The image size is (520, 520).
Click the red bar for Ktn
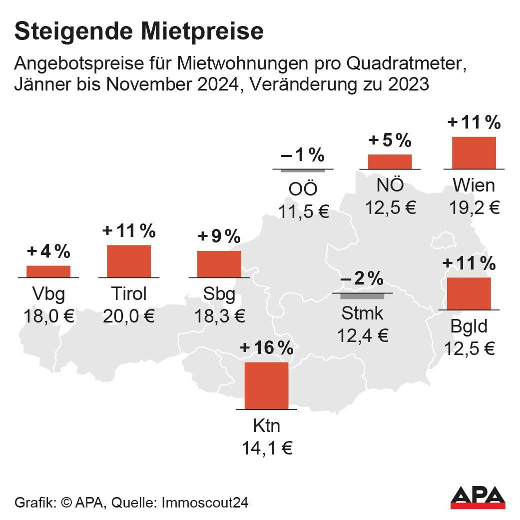pos(266,385)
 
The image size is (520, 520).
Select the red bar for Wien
pos(474,152)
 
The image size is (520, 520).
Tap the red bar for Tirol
pos(128,261)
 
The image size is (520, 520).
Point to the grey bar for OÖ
pos(303,171)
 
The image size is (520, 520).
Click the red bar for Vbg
pos(48,271)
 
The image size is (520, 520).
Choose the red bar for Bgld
pos(469,293)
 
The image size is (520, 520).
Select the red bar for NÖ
pos(390,161)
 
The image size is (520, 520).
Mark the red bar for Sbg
pos(219,264)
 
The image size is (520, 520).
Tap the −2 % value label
pos(362,279)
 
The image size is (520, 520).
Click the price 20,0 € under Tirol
pos(129,316)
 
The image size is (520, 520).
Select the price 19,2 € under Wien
pos(474,207)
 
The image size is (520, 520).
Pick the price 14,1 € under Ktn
pos(267,448)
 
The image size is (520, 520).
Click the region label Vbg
pos(48,294)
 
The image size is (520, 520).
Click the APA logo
pos(478,496)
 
